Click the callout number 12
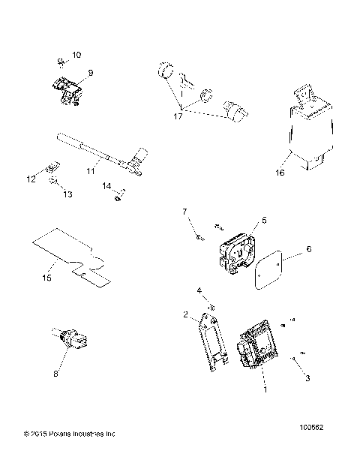pyautogui.click(x=31, y=179)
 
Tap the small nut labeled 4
pyautogui.click(x=211, y=305)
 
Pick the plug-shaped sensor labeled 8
pyautogui.click(x=72, y=338)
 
